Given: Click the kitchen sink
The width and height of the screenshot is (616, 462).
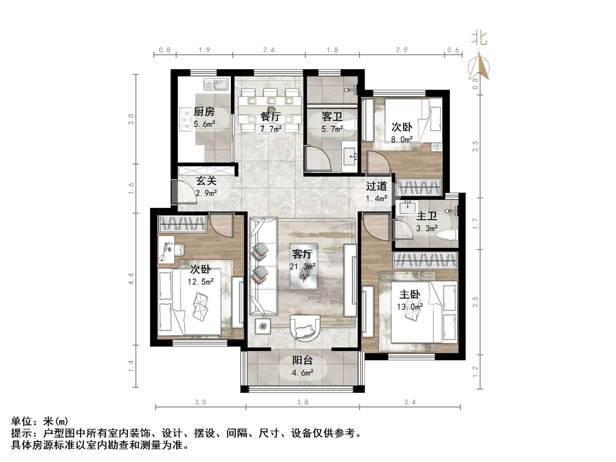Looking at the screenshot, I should pos(216,84).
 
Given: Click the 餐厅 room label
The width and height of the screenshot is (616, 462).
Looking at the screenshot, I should pos(270,116).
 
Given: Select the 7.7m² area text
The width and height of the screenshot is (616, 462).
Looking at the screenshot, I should pos(271,129).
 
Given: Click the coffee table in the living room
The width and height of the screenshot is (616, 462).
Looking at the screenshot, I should pos(304,266).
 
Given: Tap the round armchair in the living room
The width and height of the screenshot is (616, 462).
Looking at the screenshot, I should pos(306,328).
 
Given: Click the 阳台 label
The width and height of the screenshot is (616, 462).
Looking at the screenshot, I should pos(302,360).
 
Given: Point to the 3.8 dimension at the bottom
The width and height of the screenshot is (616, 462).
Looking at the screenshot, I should pos(302,402).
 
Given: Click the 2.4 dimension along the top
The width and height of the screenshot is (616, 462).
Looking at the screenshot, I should pos(268,50).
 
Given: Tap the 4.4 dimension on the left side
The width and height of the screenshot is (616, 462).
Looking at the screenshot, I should pos(131,279).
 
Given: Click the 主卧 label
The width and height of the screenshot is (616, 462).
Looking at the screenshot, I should pos(410,295).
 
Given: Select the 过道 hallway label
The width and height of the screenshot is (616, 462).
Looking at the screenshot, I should pos(376,186).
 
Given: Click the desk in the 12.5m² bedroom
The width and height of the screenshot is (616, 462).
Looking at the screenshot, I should pos(166,249).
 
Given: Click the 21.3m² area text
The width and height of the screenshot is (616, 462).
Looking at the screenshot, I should pos(302,266).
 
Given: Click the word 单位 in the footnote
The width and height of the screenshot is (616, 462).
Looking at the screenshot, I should pos(21,421).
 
